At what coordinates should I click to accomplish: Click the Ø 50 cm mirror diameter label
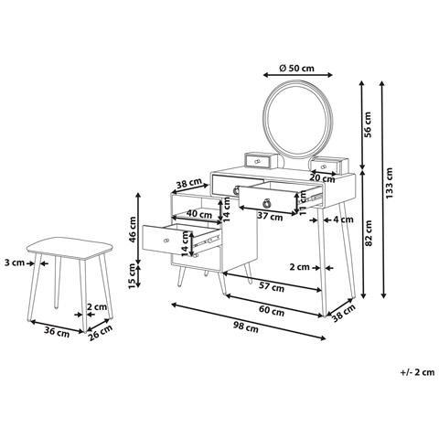click(296, 68)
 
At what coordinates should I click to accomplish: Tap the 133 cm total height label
click(390, 183)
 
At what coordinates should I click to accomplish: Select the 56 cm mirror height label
click(368, 124)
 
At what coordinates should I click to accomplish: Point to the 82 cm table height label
click(369, 233)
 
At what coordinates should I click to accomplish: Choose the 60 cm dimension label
click(272, 311)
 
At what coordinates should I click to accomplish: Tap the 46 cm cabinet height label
click(133, 230)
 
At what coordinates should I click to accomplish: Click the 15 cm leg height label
click(132, 275)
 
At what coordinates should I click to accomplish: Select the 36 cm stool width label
click(57, 332)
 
